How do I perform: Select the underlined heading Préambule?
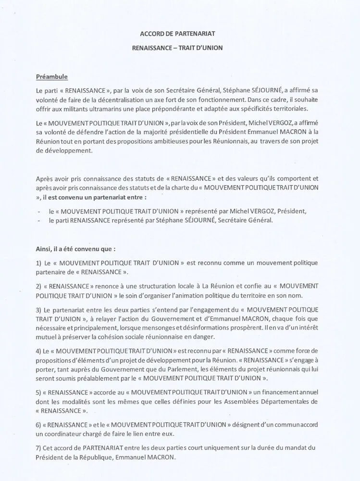coord(51,76)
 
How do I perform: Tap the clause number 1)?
coord(39,263)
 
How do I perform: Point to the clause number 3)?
coord(39,308)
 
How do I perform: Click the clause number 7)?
coord(39,448)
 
